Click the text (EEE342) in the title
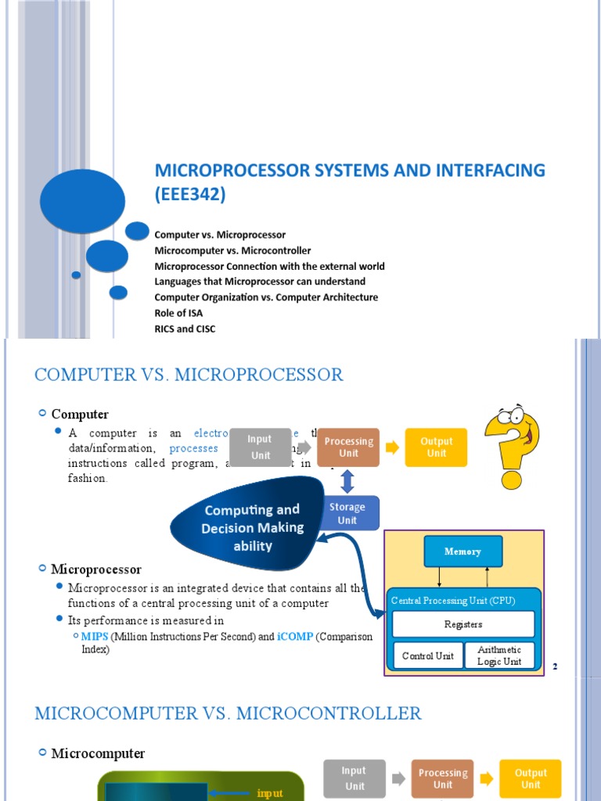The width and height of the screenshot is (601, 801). [x=190, y=195]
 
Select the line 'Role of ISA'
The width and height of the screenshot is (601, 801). [x=178, y=313]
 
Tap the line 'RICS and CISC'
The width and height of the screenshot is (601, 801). [x=185, y=329]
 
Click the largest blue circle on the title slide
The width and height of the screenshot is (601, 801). [x=82, y=204]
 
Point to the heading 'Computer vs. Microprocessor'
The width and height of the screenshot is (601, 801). [x=189, y=375]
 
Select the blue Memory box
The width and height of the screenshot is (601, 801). [x=462, y=551]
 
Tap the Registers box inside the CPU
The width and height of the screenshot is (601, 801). [x=462, y=624]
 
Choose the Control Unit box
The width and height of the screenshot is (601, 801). [x=427, y=656]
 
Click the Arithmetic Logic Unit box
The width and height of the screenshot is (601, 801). [x=499, y=656]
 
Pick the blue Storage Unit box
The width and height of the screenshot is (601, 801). [x=347, y=513]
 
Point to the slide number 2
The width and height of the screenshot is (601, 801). [x=555, y=666]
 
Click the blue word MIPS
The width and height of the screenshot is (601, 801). [x=95, y=637]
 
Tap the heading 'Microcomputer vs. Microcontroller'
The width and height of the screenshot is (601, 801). [x=228, y=713]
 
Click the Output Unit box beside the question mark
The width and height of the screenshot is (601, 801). [x=437, y=447]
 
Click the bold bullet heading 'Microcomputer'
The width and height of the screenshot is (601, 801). [x=98, y=753]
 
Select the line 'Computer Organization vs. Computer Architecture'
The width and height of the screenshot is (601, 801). [x=266, y=297]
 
